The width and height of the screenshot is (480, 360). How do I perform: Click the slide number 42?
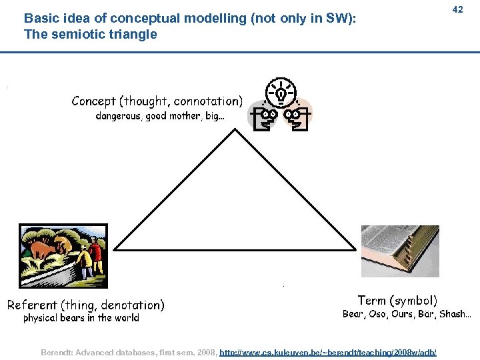457,9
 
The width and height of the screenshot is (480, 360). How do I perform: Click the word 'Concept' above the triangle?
93,101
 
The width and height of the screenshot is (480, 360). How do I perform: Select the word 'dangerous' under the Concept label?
119,116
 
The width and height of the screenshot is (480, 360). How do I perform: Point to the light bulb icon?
280,93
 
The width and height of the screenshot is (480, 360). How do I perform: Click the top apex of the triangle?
235,129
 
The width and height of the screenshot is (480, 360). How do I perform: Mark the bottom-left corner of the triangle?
115,249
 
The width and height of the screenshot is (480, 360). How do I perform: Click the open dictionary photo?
400,251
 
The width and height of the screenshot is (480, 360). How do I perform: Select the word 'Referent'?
32,305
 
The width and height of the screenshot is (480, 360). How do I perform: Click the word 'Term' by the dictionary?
371,301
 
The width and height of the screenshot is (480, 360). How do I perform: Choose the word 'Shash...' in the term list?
455,314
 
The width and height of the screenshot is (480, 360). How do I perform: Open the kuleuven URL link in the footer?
328,351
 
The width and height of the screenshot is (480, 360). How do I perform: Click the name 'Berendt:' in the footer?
58,351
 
